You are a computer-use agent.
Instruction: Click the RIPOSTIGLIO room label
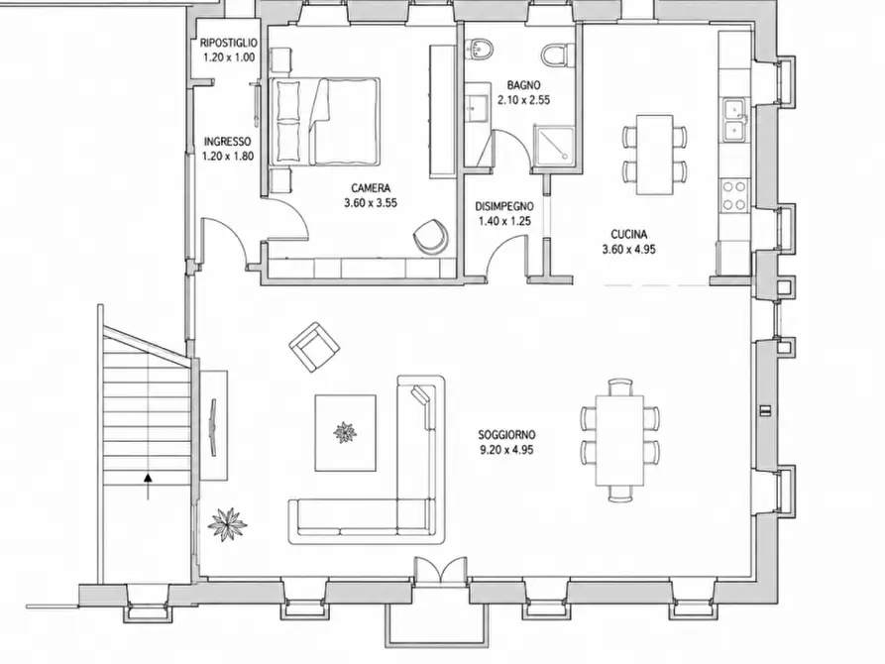point(229,43)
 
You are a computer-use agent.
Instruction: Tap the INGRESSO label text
point(228,142)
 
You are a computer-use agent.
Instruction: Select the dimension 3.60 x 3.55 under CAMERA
point(371,203)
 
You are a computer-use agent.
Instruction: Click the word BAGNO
point(524,85)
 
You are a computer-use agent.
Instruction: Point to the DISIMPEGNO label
point(504,206)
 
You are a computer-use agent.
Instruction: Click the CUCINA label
point(628,234)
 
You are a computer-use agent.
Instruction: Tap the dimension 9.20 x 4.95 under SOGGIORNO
point(506,450)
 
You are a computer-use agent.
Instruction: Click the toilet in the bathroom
point(555,55)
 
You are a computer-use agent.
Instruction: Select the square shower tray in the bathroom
point(554,147)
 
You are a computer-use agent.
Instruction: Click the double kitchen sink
point(735,119)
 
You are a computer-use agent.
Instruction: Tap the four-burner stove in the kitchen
point(733,195)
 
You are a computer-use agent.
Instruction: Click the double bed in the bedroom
point(325,121)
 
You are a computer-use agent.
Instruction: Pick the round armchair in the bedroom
point(431,236)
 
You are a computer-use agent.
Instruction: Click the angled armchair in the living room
point(314,347)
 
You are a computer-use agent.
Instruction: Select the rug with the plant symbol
point(346,432)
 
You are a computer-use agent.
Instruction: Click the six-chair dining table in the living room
point(619,440)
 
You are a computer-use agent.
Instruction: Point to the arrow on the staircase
point(148,487)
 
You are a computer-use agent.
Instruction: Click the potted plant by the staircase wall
point(227,524)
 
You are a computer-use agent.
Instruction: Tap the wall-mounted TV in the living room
point(213,427)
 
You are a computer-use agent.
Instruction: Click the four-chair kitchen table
point(655,155)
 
